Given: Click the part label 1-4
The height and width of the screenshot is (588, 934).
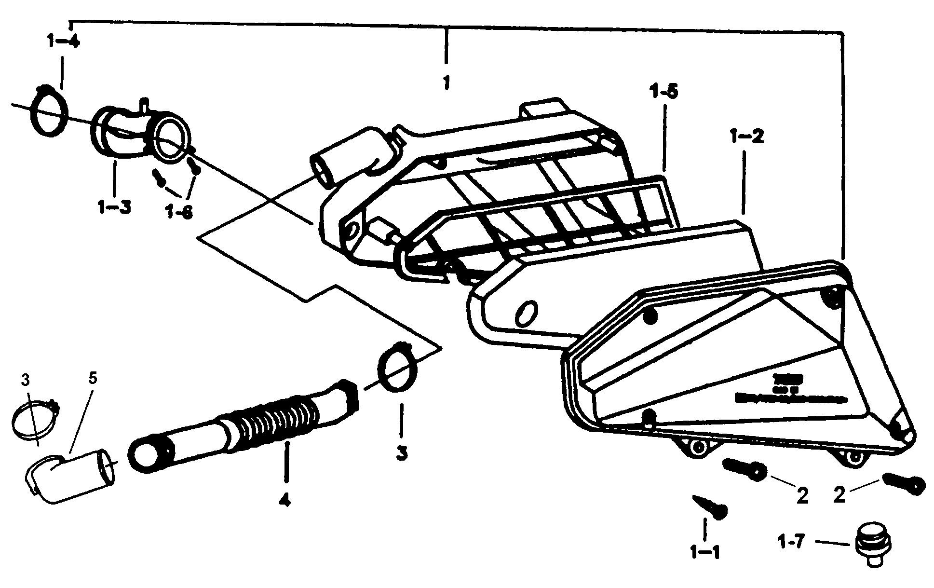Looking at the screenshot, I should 63,41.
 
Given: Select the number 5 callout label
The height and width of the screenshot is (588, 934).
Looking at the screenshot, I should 93,378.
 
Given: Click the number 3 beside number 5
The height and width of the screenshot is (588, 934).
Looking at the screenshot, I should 25,380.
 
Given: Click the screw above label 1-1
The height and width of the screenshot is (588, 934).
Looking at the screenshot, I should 710,506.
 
